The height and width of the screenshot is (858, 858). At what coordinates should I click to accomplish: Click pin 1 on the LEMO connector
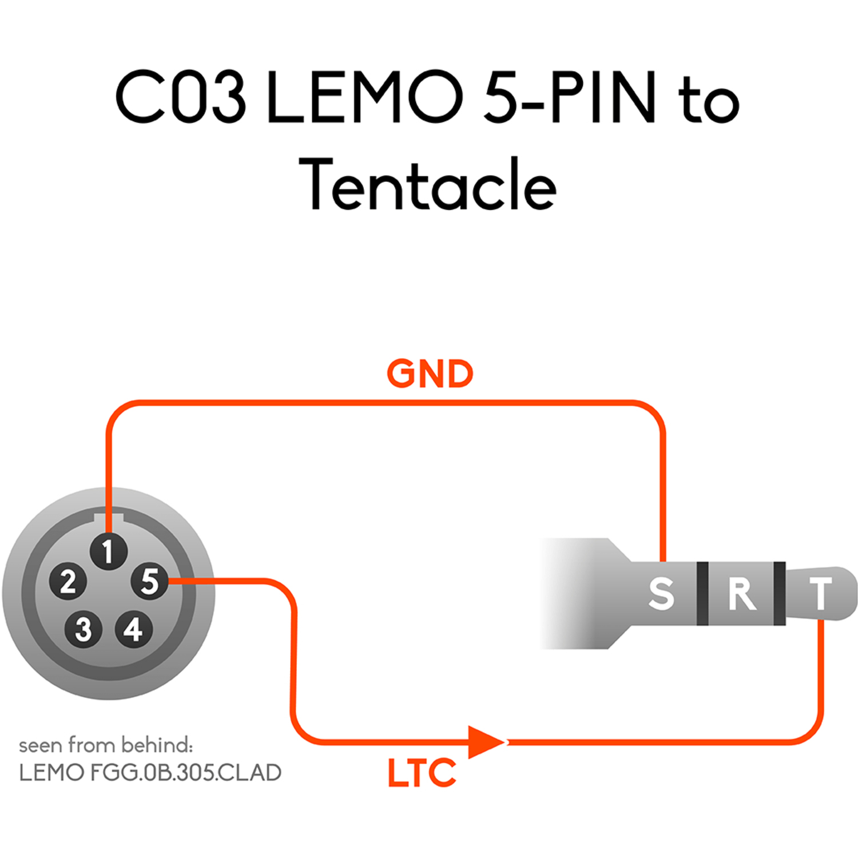108,551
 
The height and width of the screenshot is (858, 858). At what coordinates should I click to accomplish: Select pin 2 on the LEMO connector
68,582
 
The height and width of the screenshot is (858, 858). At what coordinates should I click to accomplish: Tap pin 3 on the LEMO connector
84,629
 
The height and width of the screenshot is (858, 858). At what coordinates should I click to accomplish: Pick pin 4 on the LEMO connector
133,629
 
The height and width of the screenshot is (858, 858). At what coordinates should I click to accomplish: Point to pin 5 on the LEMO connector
149,581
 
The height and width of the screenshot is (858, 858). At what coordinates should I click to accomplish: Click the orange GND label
430,374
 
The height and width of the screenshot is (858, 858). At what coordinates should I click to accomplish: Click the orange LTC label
422,773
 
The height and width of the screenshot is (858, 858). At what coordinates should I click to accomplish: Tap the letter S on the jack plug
661,594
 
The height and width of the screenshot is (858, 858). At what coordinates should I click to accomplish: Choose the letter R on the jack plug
742,594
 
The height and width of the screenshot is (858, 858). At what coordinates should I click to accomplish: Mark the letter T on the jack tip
820,594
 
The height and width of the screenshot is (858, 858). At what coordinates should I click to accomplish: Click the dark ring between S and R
703,593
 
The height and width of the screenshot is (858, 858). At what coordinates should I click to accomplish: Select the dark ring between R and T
779,593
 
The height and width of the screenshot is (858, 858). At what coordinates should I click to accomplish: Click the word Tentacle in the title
427,184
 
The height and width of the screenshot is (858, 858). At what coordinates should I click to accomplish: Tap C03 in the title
181,97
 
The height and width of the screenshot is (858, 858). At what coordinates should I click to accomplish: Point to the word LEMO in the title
364,97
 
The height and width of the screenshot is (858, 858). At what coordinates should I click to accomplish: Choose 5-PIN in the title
570,97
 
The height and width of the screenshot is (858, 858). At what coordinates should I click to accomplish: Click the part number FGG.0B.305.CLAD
185,773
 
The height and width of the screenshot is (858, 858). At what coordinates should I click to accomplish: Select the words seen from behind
106,745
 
